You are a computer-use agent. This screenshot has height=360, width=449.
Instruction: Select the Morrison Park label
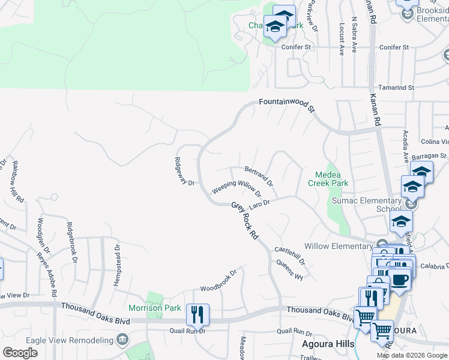[155, 308]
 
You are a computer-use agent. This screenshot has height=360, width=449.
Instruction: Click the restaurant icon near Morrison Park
[197, 314]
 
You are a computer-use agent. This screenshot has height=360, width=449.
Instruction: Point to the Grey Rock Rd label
[244, 220]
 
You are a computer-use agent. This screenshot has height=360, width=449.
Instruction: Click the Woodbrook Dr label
[218, 280]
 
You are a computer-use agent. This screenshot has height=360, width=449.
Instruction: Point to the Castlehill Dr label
[290, 256]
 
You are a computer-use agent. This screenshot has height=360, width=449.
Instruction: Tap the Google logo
[20, 353]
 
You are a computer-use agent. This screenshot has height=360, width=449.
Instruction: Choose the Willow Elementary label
[339, 246]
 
